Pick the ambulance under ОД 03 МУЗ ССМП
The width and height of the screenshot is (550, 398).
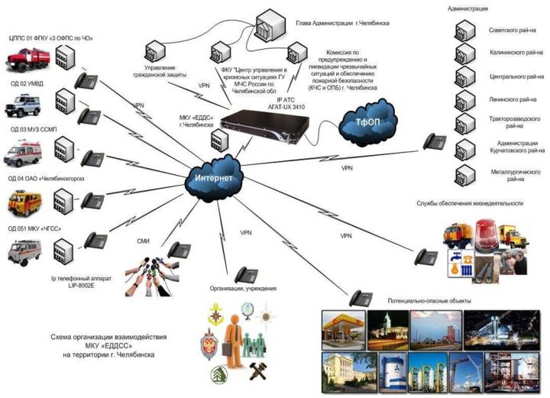point(26,153)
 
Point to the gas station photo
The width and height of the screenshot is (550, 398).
point(346,328)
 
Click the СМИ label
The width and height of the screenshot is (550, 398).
point(143,241)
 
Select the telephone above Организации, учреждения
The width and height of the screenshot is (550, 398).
point(246,274)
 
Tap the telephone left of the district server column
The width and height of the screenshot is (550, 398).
point(435,141)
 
